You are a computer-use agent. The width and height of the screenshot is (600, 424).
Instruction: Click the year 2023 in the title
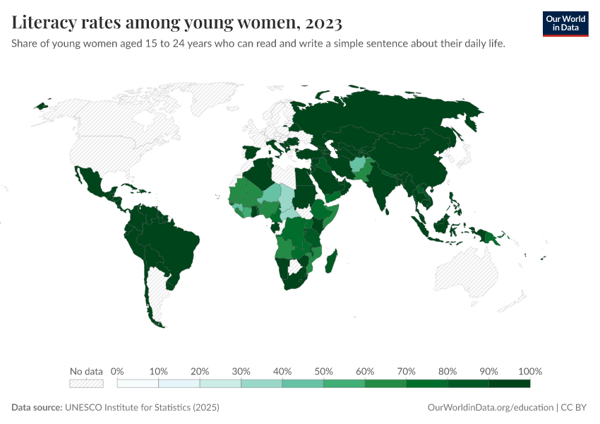324,23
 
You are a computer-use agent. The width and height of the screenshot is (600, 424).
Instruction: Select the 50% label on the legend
323,371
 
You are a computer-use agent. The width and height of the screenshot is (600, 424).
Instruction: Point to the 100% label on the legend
529,371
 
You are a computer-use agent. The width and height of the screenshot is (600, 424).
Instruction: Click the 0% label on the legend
118,371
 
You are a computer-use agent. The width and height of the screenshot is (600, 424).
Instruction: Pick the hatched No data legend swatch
86,384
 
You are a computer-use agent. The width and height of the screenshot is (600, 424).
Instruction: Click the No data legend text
86,371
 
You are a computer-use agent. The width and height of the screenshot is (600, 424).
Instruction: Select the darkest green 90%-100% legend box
509,384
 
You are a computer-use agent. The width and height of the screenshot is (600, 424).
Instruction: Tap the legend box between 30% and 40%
261,384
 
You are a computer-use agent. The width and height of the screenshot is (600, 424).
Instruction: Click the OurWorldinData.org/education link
491,408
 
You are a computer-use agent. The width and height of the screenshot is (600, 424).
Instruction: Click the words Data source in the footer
37,408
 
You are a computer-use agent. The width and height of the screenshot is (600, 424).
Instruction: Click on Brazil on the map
173,244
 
